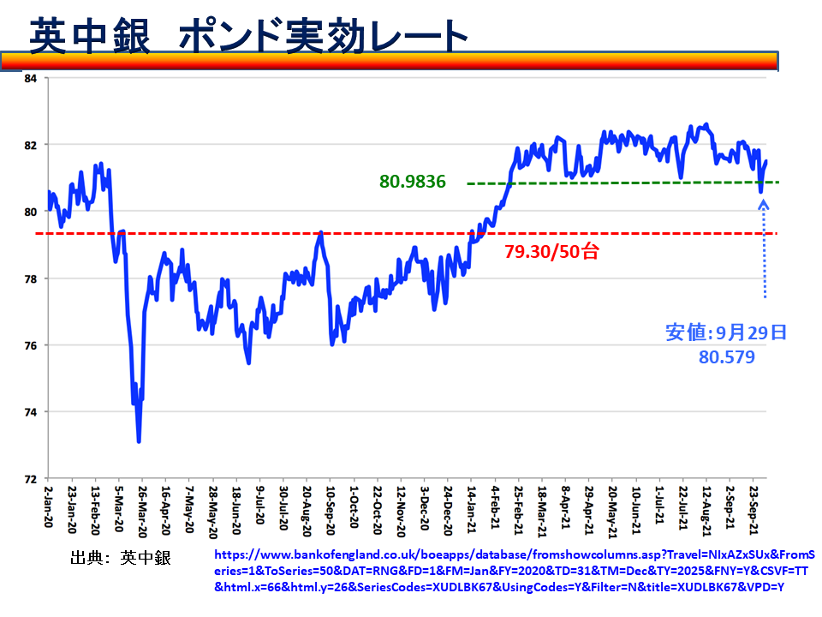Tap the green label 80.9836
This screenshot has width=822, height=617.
click(x=413, y=182)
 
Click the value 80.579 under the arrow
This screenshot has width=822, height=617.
click(x=727, y=356)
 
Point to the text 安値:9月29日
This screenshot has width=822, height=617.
click(x=726, y=332)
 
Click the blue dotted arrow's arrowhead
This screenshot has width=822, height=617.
click(x=764, y=205)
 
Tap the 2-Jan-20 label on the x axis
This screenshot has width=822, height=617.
click(x=49, y=508)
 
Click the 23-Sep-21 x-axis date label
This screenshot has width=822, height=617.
click(x=753, y=508)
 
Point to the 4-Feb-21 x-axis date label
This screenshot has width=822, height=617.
click(x=495, y=508)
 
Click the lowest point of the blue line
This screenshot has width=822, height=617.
click(x=139, y=441)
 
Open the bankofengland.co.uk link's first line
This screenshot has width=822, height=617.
click(x=514, y=554)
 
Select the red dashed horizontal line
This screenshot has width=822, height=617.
click(x=257, y=233)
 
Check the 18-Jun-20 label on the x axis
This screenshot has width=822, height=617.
click(x=236, y=508)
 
